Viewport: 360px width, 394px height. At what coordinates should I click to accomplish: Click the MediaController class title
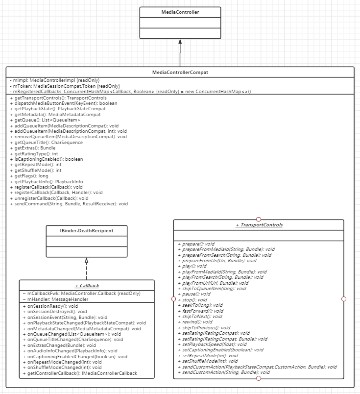pyautogui.click(x=180, y=12)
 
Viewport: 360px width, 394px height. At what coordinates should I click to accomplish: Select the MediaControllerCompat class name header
pyautogui.click(x=180, y=73)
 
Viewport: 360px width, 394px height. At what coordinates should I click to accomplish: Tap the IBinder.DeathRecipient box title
pyautogui.click(x=86, y=231)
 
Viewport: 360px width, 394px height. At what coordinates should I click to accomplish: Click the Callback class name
pyautogui.click(x=87, y=285)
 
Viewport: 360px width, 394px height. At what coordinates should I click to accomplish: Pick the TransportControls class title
pyautogui.click(x=259, y=225)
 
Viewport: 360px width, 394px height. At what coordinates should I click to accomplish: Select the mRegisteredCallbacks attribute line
pyautogui.click(x=130, y=91)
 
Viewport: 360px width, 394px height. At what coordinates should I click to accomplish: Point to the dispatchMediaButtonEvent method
pyautogui.click(x=63, y=103)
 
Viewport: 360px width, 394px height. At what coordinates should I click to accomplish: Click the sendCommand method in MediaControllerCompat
pyautogui.click(x=69, y=203)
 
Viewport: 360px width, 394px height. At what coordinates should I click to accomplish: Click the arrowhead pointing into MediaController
pyautogui.click(x=180, y=42)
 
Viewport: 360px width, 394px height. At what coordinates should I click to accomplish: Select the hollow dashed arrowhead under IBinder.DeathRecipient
pyautogui.click(x=86, y=261)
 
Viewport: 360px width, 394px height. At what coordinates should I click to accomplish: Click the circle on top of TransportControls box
pyautogui.click(x=259, y=219)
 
